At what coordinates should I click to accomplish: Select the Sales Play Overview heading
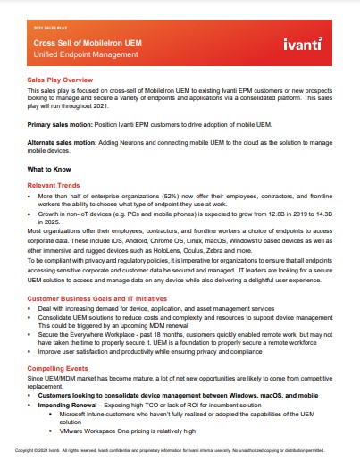pos(66,80)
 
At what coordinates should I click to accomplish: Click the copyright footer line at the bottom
pos(180,450)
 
